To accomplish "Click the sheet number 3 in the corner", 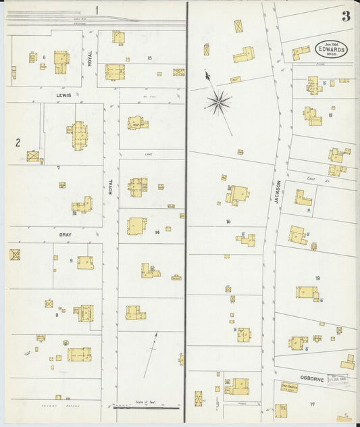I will [x=346, y=16].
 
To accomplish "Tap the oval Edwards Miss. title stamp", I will [x=331, y=49].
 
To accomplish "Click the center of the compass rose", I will [x=219, y=102].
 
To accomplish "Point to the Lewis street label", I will [x=63, y=95].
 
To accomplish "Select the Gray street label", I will [x=65, y=234].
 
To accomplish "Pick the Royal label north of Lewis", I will [x=89, y=58].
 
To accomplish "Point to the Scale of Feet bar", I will [x=146, y=407].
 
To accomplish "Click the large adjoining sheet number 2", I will [x=18, y=142].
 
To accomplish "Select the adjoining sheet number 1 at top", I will [x=97, y=9].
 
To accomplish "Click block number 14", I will [x=157, y=232].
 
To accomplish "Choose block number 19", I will [x=330, y=115].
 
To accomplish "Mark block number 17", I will [x=312, y=404].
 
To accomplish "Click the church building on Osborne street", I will [x=289, y=387].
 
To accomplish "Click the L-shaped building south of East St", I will [x=303, y=198].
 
